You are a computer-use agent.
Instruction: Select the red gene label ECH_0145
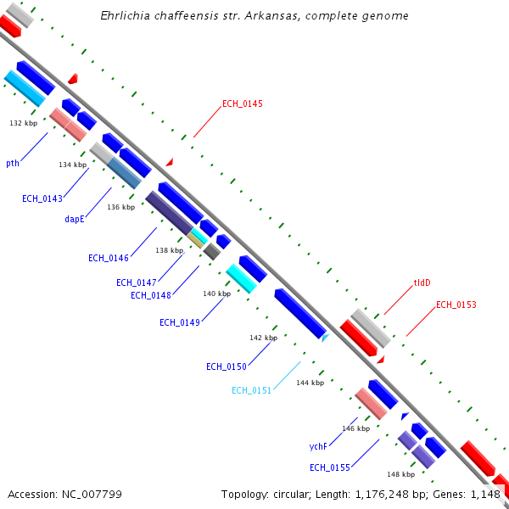click(243, 104)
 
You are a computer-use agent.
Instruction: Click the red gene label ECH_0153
click(456, 305)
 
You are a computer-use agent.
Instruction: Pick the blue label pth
click(13, 163)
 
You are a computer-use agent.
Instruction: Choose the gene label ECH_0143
click(42, 199)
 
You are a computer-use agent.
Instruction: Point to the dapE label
click(75, 219)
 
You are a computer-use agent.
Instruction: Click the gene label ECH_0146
click(109, 258)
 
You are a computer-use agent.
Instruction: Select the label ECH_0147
click(137, 282)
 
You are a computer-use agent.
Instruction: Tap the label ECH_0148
click(151, 295)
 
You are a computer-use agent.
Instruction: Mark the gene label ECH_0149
click(180, 322)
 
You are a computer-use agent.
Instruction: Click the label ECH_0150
click(227, 366)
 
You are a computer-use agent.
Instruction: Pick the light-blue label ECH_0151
click(252, 390)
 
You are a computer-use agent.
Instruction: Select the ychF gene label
click(318, 445)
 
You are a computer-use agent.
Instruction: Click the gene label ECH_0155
click(330, 467)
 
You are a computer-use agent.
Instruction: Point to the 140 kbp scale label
click(216, 294)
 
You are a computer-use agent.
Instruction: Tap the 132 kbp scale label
click(24, 123)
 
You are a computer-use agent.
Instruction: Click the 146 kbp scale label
click(355, 428)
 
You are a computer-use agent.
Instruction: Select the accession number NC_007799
click(64, 494)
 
